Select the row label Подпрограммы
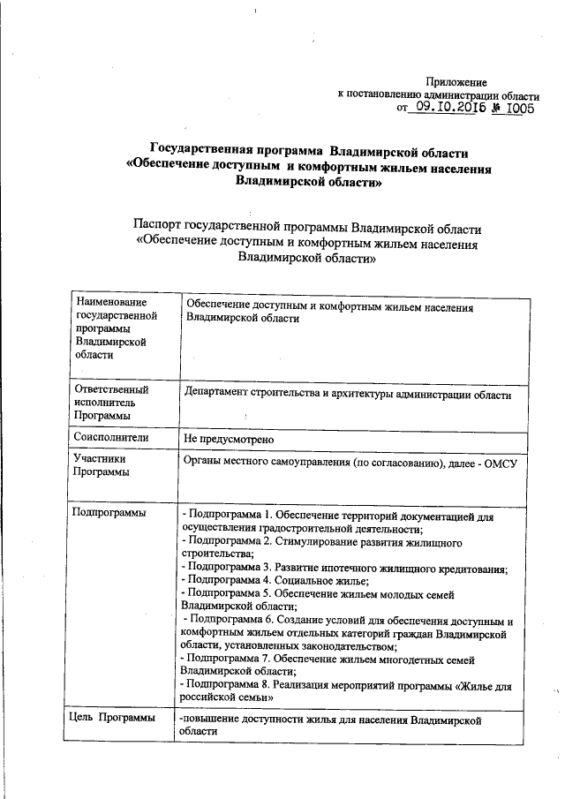tap(109, 512)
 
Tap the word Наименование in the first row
tap(112, 305)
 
